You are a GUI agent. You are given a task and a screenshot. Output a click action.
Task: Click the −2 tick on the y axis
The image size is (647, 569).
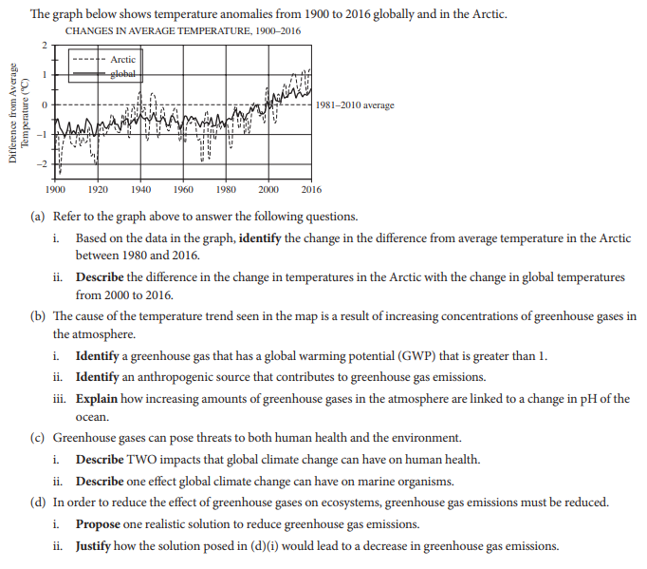pyautogui.click(x=41, y=163)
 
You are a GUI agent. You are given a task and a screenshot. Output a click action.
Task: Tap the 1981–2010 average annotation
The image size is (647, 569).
pyautogui.click(x=356, y=104)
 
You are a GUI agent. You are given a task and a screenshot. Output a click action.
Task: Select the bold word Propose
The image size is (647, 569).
pyautogui.click(x=99, y=524)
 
